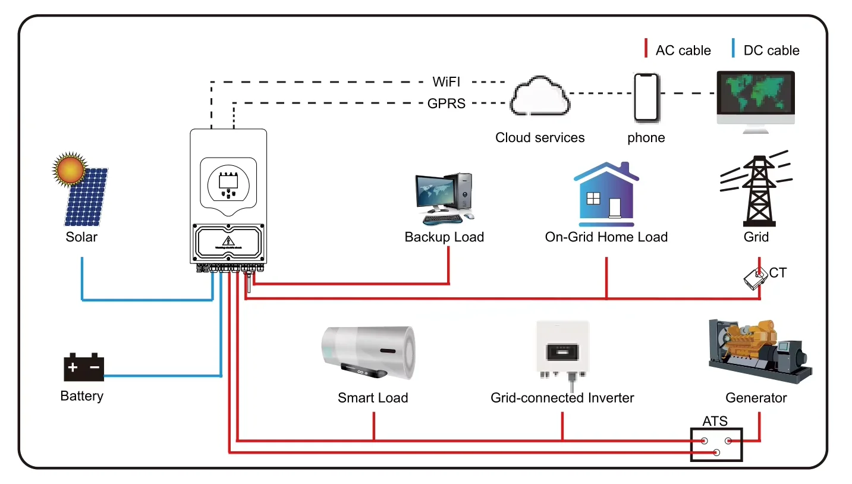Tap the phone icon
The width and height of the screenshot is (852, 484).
pyautogui.click(x=646, y=98)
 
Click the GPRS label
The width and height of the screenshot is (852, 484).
pyautogui.click(x=447, y=103)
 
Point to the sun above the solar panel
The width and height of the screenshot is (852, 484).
pyautogui.click(x=70, y=168)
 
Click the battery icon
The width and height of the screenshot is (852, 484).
pyautogui.click(x=84, y=368)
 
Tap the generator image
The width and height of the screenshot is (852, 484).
pyautogui.click(x=759, y=350)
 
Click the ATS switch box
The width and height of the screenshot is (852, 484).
pyautogui.click(x=716, y=445)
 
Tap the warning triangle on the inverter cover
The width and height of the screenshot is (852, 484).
pyautogui.click(x=228, y=241)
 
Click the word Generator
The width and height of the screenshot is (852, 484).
pyautogui.click(x=756, y=398)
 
